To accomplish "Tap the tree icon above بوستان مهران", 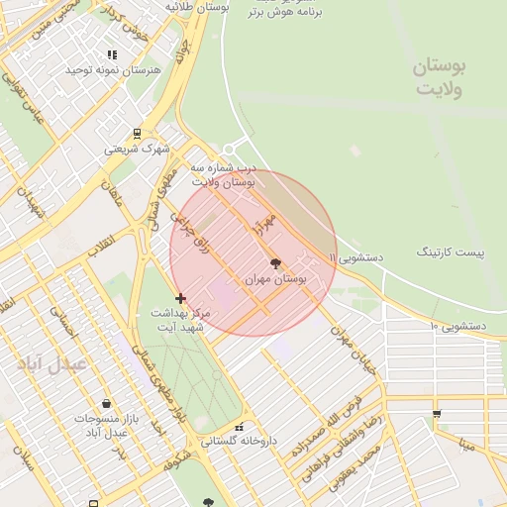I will pyautogui.click(x=275, y=264).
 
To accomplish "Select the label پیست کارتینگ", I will pyautogui.click(x=451, y=253).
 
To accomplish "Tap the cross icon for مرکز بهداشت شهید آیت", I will pyautogui.click(x=180, y=297).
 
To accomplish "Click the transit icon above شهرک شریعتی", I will pyautogui.click(x=137, y=133).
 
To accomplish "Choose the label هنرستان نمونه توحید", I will pyautogui.click(x=106, y=71).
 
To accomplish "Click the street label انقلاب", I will pyautogui.click(x=100, y=242).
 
